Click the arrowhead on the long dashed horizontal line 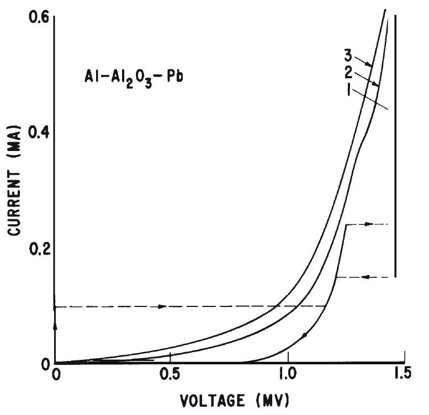tap(162, 306)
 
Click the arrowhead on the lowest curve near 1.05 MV tap(305, 335)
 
